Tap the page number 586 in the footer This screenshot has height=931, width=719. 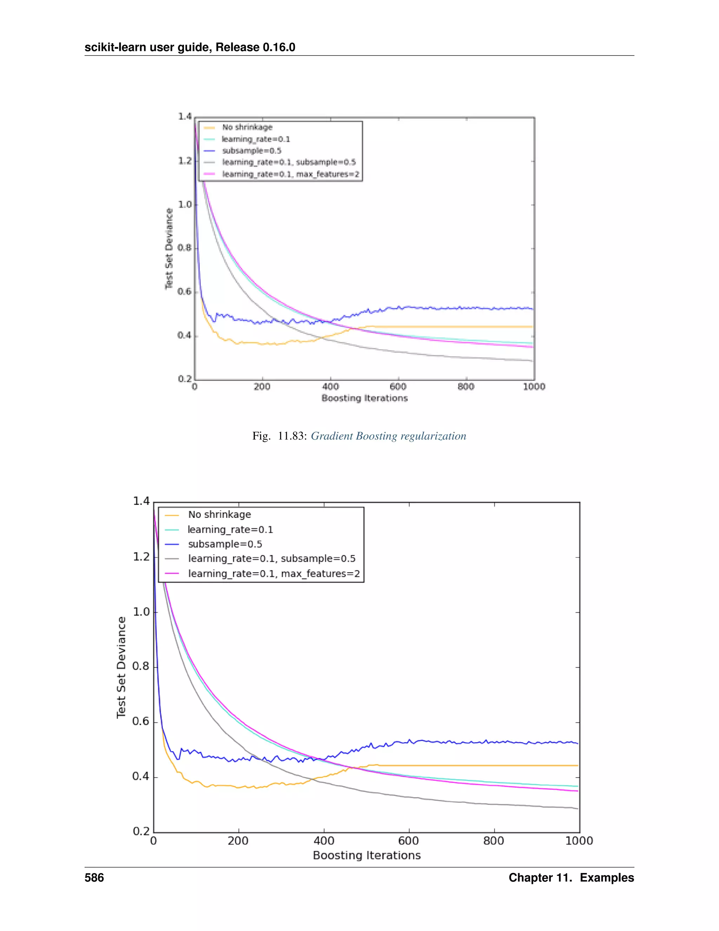[94, 877]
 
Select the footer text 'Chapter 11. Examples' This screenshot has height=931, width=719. [571, 877]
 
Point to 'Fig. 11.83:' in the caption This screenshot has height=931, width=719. [279, 436]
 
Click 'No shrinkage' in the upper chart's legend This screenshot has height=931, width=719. [247, 127]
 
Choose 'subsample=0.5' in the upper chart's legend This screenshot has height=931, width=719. [251, 150]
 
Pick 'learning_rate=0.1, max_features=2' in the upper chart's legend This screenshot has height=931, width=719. [290, 174]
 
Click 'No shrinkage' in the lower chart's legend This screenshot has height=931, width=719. [219, 515]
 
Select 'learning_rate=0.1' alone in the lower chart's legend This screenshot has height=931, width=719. [230, 529]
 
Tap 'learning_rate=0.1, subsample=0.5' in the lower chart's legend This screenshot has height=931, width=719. [272, 559]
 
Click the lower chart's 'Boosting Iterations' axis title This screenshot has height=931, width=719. [367, 855]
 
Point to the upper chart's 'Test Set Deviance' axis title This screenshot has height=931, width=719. [169, 248]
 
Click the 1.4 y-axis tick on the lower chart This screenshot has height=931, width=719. [141, 501]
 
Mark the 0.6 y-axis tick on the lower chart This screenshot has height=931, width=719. [141, 721]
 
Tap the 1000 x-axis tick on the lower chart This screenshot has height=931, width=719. [579, 841]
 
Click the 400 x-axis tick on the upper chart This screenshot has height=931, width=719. [330, 387]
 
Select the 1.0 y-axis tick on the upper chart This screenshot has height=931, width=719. [185, 204]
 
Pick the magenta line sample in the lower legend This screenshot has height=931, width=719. [172, 573]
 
